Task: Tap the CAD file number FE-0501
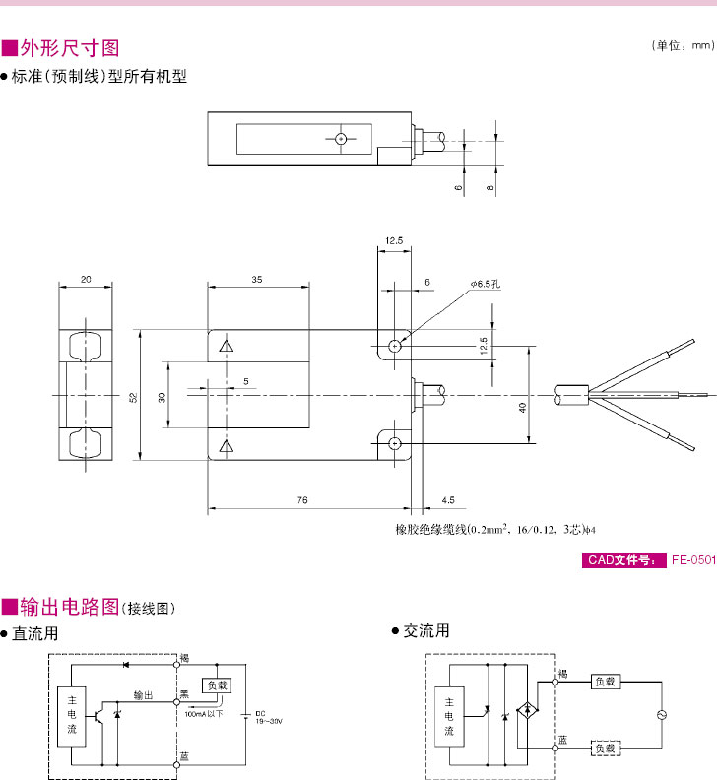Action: tap(692, 560)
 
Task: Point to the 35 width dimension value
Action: tap(257, 280)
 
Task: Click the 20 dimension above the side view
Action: tap(86, 280)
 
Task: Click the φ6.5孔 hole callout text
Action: tap(486, 284)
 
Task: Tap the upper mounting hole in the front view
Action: tap(394, 346)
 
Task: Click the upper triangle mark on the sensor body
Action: tap(227, 346)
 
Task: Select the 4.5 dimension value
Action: tap(448, 501)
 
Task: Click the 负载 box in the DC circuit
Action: tap(216, 685)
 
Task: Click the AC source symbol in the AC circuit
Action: tap(662, 715)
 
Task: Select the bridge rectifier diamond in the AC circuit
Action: tap(530, 709)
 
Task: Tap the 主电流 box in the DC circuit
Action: tap(71, 716)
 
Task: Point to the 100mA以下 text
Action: tap(204, 714)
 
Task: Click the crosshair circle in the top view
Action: tap(340, 139)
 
